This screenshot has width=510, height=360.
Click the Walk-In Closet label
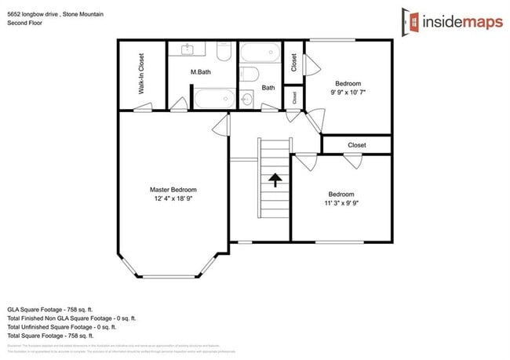tap(142, 73)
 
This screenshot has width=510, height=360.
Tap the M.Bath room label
tap(200, 72)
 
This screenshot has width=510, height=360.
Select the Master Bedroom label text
tap(173, 190)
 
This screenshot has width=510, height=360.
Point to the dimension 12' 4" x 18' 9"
tap(173, 199)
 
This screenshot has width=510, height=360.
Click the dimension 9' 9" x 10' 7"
tap(348, 92)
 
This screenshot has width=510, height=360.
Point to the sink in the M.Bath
tap(188, 50)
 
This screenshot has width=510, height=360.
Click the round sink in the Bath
tap(247, 99)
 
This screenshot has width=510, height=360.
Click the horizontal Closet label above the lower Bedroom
tap(356, 145)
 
